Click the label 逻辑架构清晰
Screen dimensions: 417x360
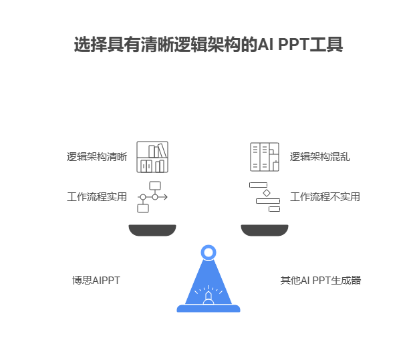pyautogui.click(x=97, y=157)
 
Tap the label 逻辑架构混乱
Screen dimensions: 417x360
pyautogui.click(x=320, y=157)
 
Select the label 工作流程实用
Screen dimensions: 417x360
pyautogui.click(x=97, y=197)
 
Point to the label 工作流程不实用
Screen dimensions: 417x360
pyautogui.click(x=325, y=197)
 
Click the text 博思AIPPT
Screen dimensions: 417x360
pyautogui.click(x=96, y=280)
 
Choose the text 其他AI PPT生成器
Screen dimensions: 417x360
pyautogui.click(x=321, y=280)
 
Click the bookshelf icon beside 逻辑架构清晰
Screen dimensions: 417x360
pyautogui.click(x=152, y=157)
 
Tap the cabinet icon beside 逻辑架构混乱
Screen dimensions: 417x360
pyautogui.click(x=264, y=157)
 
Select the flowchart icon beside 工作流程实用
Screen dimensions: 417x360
pyautogui.click(x=152, y=197)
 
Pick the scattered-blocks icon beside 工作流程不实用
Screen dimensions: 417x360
pyautogui.click(x=265, y=197)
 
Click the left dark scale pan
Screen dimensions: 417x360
pyautogui.click(x=152, y=230)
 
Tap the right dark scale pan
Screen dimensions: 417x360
pyautogui.click(x=265, y=230)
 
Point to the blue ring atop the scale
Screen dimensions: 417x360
pyautogui.click(x=208, y=252)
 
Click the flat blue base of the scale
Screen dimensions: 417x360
pyautogui.click(x=208, y=309)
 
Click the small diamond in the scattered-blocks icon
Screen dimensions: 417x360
pyautogui.click(x=267, y=192)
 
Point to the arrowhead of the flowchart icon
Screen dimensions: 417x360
pyautogui.click(x=165, y=197)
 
